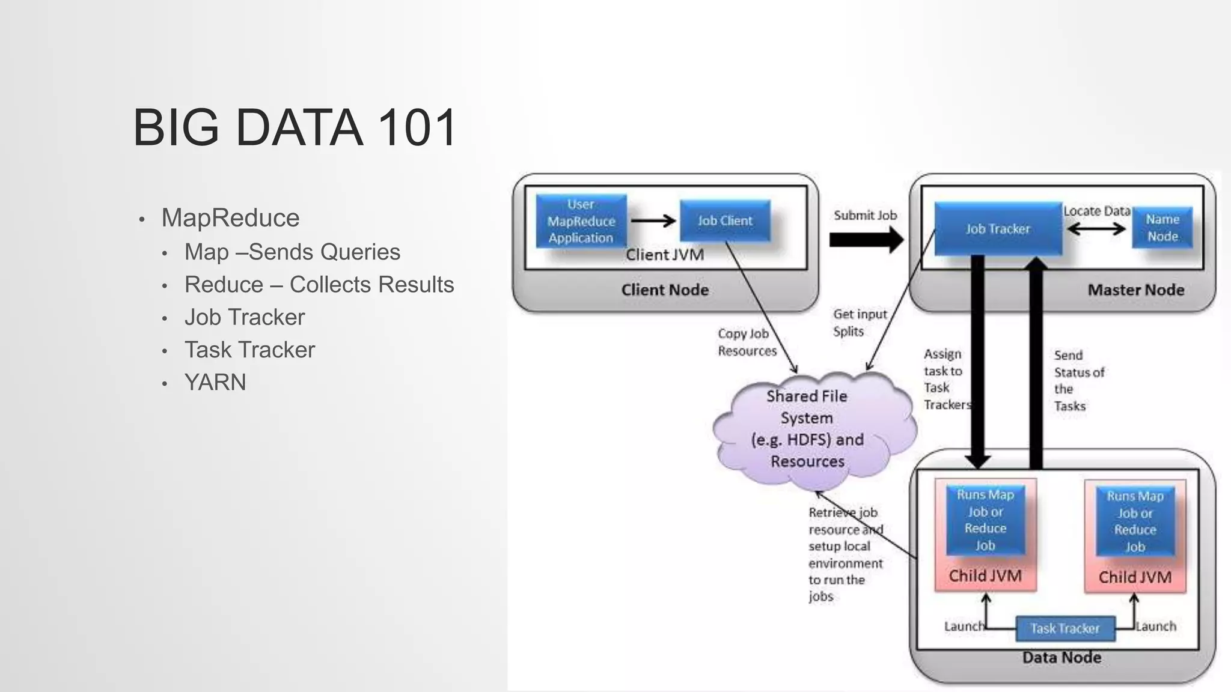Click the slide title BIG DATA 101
click(x=294, y=127)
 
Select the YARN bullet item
click(x=215, y=382)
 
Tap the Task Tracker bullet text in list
click(x=249, y=350)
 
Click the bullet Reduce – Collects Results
click(x=319, y=285)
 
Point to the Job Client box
click(x=725, y=220)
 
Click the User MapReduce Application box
click(x=581, y=221)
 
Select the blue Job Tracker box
click(x=998, y=229)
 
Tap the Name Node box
click(x=1162, y=228)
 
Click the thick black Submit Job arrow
click(x=866, y=240)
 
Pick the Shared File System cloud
click(x=807, y=429)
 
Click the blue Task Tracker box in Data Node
click(x=1065, y=628)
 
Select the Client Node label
click(x=665, y=290)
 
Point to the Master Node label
click(x=1135, y=290)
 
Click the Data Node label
click(x=1061, y=657)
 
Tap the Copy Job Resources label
click(x=747, y=342)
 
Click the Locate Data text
click(x=1096, y=211)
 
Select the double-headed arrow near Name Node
click(x=1096, y=229)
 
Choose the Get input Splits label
click(x=859, y=323)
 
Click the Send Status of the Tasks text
click(x=1078, y=380)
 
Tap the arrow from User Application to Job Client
click(x=653, y=220)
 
